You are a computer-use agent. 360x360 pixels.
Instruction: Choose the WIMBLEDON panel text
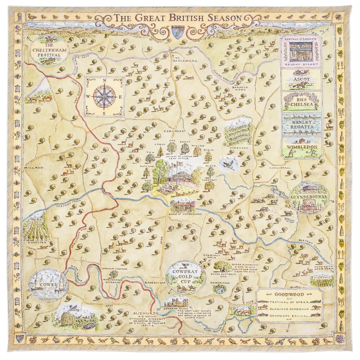301,146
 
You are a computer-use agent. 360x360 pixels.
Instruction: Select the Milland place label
36,167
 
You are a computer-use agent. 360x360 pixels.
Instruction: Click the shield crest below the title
177,31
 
